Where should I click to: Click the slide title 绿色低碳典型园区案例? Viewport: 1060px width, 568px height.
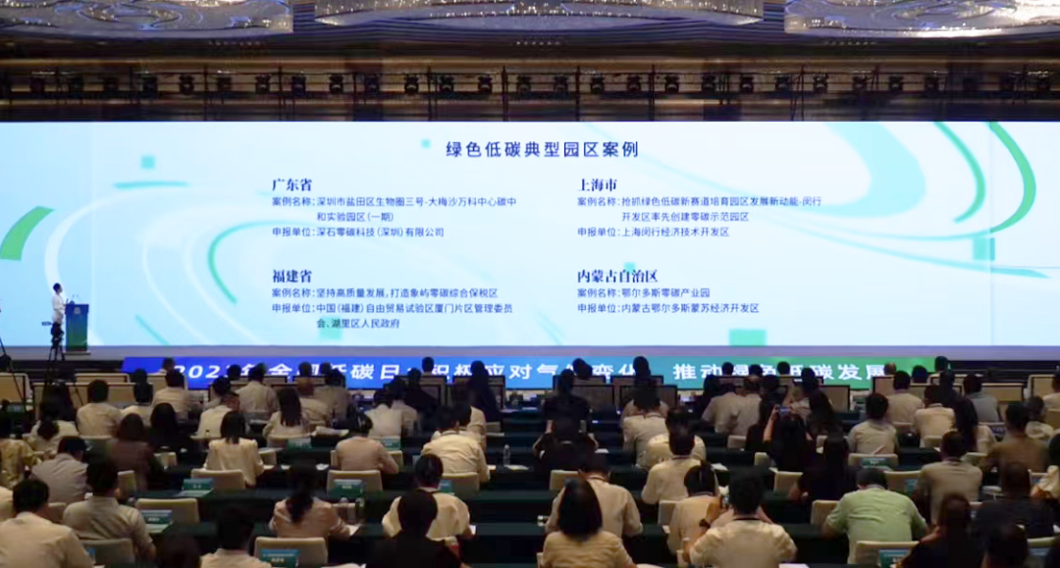542,149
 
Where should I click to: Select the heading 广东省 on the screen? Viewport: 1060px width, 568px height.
292,184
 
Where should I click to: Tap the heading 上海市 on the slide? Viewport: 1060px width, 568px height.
597,184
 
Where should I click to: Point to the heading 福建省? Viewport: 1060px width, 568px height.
292,276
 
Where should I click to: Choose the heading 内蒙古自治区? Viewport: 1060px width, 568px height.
617,276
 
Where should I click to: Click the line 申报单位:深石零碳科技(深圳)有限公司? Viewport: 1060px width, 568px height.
358,232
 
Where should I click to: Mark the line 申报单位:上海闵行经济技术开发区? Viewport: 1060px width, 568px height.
653,232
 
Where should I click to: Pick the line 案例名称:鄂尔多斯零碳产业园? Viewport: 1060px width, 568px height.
643,292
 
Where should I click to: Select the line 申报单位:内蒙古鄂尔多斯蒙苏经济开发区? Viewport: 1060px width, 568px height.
667,308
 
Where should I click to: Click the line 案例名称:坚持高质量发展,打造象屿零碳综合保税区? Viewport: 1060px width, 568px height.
385,292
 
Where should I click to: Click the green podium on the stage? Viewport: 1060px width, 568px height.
77,325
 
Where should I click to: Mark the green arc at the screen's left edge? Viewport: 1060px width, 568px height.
24,232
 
